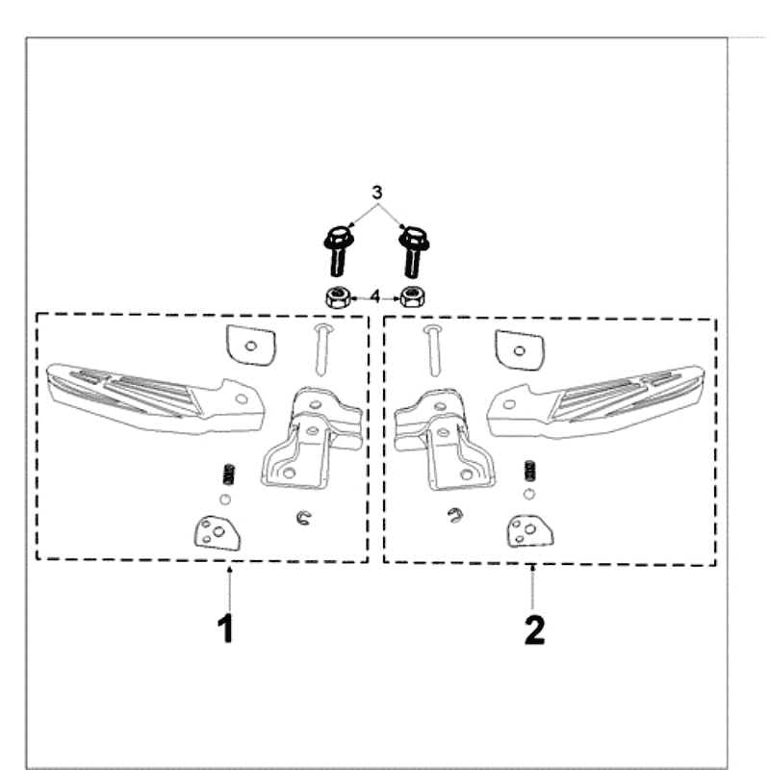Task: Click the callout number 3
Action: (376, 192)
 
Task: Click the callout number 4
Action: (374, 296)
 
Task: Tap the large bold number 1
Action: (226, 629)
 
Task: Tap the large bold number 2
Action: (534, 630)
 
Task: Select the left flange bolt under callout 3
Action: (337, 251)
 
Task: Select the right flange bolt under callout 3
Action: (414, 251)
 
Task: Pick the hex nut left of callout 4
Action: (338, 297)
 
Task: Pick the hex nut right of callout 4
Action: (413, 296)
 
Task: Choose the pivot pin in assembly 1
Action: (321, 349)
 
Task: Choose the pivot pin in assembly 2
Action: (432, 350)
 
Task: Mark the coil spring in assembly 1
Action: (228, 475)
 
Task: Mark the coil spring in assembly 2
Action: (530, 471)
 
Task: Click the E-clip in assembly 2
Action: (455, 515)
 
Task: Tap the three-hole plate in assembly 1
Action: (218, 533)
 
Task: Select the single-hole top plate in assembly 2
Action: (520, 349)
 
